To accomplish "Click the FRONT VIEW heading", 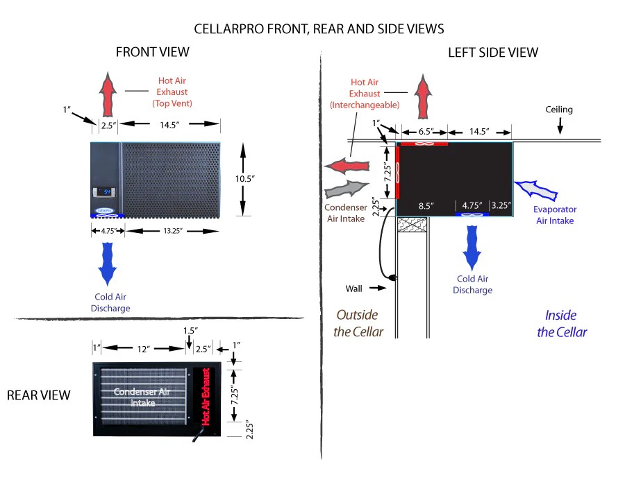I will click(x=152, y=52).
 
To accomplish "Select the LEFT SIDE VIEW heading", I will click(x=493, y=52).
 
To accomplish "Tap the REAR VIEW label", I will click(x=39, y=395).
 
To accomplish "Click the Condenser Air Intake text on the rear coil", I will click(x=142, y=397).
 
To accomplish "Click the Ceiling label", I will click(x=559, y=110).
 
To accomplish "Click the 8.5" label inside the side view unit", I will click(x=425, y=206).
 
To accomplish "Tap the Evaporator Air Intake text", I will click(x=555, y=215).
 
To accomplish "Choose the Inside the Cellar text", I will click(x=562, y=323).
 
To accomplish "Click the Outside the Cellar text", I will click(x=358, y=323).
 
